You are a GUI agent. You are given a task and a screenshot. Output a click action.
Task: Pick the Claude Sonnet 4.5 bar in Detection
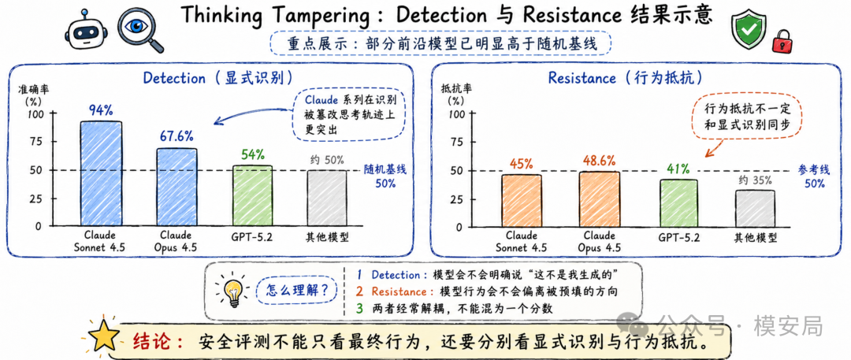(x=101, y=173)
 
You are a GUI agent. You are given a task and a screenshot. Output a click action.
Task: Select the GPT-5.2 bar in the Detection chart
(x=252, y=195)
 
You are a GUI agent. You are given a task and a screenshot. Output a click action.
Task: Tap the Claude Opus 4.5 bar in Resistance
(x=599, y=199)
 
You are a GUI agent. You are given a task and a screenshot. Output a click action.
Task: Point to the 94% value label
(x=100, y=110)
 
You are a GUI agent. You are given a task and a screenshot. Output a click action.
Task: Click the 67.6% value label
(x=177, y=136)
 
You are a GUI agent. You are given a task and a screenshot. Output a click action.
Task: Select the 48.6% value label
(x=599, y=161)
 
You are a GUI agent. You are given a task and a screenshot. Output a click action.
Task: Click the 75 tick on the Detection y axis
(x=35, y=142)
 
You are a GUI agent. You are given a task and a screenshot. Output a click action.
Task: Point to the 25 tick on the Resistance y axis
(x=458, y=199)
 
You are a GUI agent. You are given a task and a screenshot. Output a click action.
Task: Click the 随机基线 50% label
(x=385, y=176)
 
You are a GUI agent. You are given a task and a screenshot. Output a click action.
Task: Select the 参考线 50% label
(x=814, y=176)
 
